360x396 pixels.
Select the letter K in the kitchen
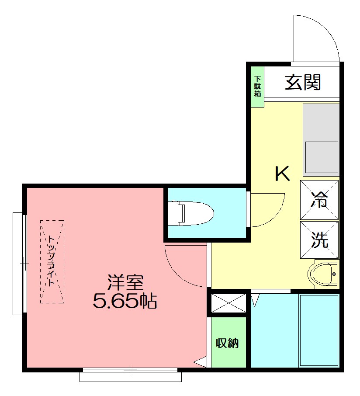click(x=282, y=174)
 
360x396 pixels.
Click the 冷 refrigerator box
click(x=319, y=199)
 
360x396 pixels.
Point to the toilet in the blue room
click(x=192, y=213)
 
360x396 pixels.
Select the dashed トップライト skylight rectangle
click(x=52, y=261)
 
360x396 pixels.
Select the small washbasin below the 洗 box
click(x=324, y=274)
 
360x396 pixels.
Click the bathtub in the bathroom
click(x=319, y=330)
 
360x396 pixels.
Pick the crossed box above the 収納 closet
click(x=228, y=302)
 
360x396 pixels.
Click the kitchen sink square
click(x=322, y=158)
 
